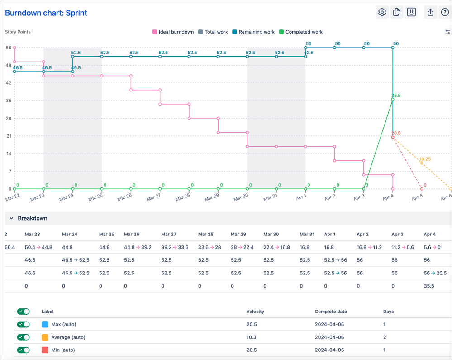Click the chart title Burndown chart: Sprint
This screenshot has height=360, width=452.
point(46,13)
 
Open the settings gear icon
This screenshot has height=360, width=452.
point(382,12)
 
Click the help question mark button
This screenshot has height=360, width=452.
point(445,12)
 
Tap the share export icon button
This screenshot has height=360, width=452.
point(430,12)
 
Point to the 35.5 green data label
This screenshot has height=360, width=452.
point(396,96)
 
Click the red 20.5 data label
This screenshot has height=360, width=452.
point(396,133)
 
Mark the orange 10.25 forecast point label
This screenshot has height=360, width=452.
point(424,159)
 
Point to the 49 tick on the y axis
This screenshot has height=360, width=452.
point(8,65)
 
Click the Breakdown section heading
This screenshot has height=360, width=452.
point(32,218)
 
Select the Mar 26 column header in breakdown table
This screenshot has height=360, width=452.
point(132,235)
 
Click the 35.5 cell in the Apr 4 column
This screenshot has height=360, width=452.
point(429,286)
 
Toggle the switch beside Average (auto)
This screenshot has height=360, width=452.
point(23,337)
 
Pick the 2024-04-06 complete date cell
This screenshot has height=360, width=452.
point(330,337)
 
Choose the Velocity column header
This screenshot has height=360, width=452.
point(255,312)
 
